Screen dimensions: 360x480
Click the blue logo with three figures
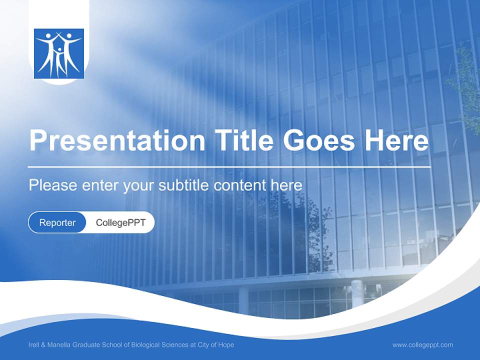tap(59, 53)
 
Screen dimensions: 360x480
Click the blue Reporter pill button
tap(57, 222)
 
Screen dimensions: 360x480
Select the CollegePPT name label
tap(120, 222)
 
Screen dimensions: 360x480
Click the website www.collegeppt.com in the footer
tap(422, 345)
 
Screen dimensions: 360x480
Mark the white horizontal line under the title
tap(229, 166)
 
